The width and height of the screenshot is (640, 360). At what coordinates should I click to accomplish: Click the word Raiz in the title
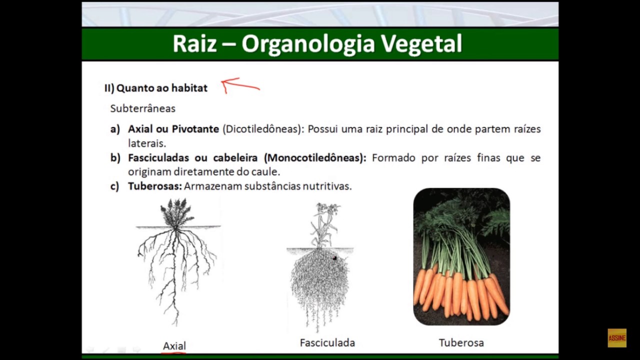coord(194,44)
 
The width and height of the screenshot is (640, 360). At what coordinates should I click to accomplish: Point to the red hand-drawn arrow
coord(240,85)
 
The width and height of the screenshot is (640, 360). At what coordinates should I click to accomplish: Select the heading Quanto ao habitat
coord(161,88)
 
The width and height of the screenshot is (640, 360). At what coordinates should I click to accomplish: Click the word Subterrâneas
coord(142,108)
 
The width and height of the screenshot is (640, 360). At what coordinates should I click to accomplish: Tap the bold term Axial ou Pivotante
coord(173,129)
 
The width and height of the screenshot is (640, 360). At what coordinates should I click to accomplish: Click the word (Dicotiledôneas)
coord(263,129)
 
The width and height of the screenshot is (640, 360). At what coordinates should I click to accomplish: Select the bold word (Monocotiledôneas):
coord(315,158)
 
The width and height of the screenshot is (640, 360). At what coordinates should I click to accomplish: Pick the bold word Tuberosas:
coord(154,186)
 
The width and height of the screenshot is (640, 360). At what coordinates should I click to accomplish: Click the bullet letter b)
coord(115,158)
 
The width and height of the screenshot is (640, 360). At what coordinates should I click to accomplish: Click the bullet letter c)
coord(114,186)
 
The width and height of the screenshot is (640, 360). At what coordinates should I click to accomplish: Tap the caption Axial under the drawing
coord(174,345)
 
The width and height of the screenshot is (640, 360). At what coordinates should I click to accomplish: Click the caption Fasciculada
coord(327,342)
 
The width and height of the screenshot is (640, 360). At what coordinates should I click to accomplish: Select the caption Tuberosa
coord(461,342)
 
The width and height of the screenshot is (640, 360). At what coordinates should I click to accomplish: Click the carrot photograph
coord(461,256)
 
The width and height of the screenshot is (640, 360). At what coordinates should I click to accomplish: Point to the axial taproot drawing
coord(176,260)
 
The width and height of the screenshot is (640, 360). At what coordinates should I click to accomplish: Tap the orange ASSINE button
coord(616,338)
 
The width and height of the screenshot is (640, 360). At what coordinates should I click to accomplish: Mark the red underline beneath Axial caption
coord(174,352)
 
